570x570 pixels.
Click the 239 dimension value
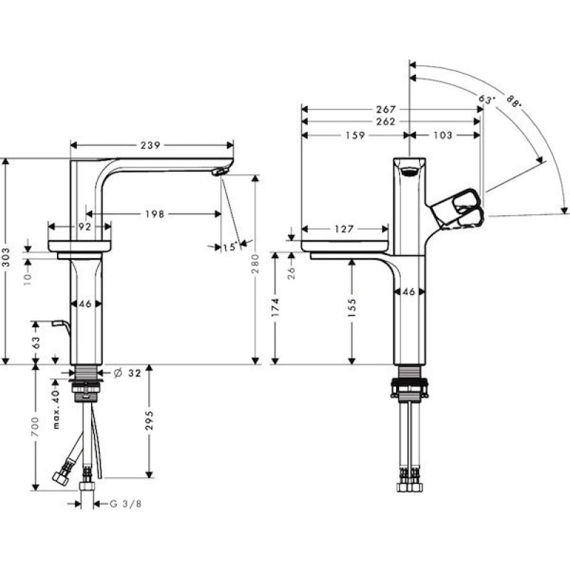(x=150, y=145)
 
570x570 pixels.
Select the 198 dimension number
(x=155, y=214)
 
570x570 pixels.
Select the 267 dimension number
(x=385, y=110)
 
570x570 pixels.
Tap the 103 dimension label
(x=442, y=135)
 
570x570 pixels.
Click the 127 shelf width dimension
(x=344, y=229)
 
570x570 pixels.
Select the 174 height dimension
(x=276, y=307)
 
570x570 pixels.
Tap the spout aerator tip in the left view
(x=220, y=171)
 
